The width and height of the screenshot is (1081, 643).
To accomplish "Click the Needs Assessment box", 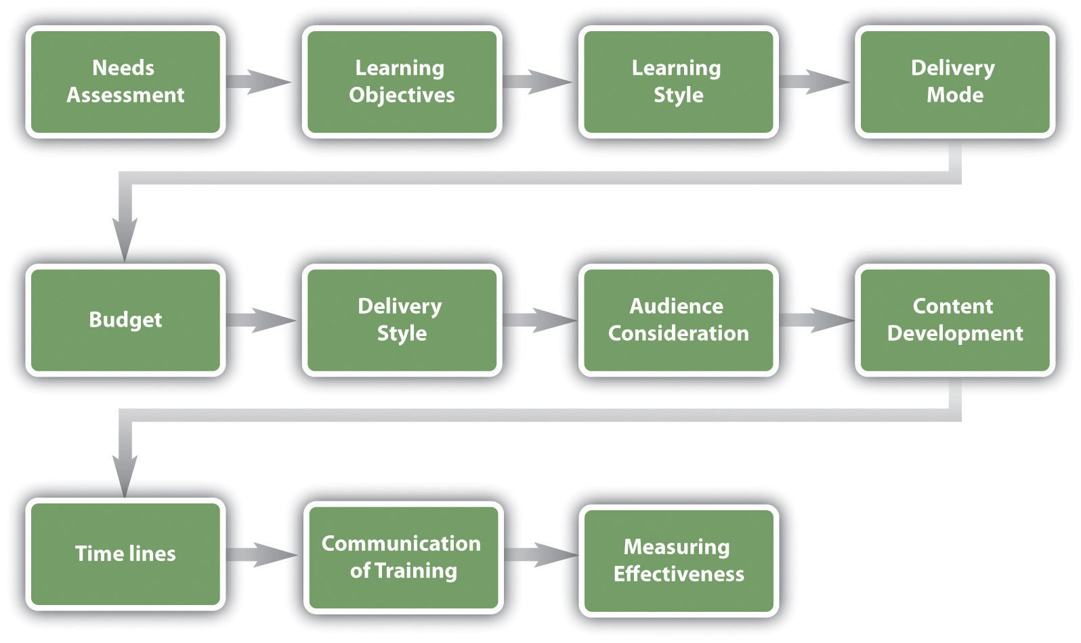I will coord(125,81).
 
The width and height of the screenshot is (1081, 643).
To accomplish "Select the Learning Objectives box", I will coord(402,81).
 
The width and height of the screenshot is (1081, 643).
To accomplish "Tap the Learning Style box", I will coord(678,81).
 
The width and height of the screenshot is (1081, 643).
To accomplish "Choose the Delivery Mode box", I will coord(954,81).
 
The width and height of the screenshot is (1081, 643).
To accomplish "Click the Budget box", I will coord(125,320).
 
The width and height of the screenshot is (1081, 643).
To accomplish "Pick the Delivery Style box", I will coord(402,320).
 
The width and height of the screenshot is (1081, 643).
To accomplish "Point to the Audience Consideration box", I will coord(678,320).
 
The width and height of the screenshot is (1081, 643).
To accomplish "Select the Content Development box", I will coord(954,320).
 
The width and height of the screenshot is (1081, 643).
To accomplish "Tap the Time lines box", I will coord(125,554).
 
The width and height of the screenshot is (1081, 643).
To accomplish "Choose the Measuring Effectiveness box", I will coord(679,560).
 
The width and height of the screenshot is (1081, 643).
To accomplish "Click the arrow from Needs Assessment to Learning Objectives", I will coord(261,81).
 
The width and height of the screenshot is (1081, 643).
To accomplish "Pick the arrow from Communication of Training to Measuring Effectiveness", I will coord(540,554).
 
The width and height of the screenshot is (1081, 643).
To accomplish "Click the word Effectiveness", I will coord(679,574).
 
